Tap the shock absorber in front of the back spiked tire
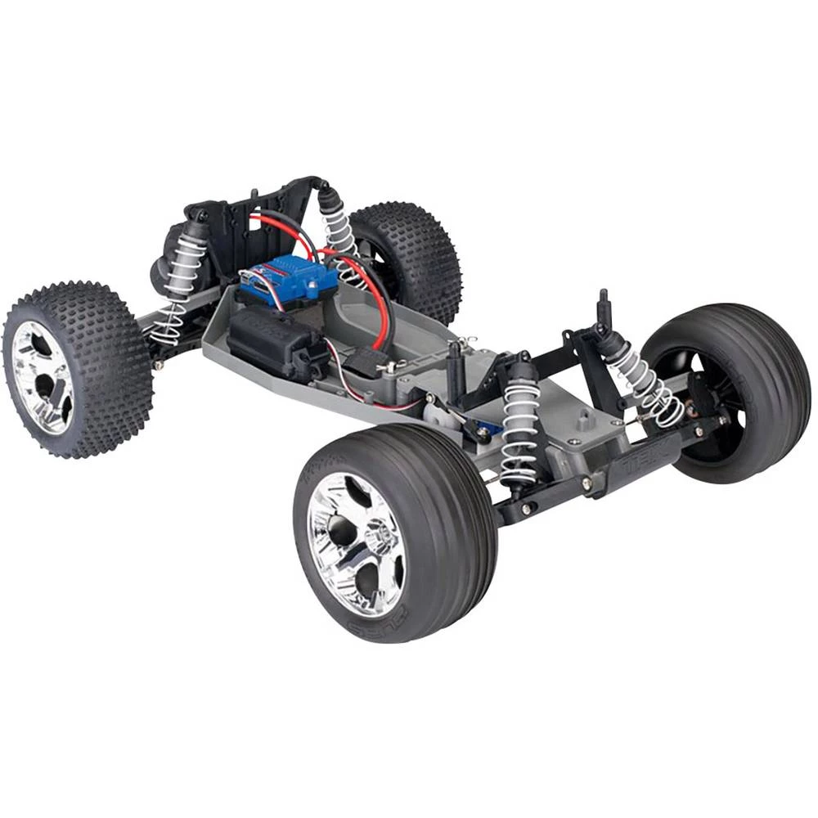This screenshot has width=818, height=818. [337, 225]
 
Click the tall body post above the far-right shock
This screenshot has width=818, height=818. [604, 307]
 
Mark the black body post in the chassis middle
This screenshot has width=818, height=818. [454, 368]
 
